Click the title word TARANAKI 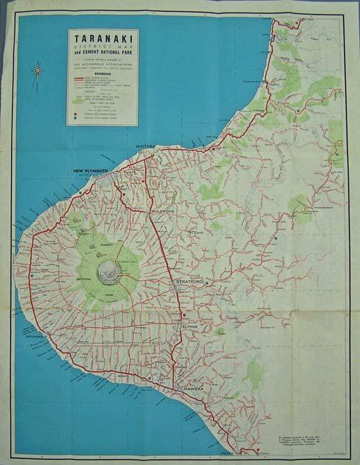103,39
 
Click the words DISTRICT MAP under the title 103,47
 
